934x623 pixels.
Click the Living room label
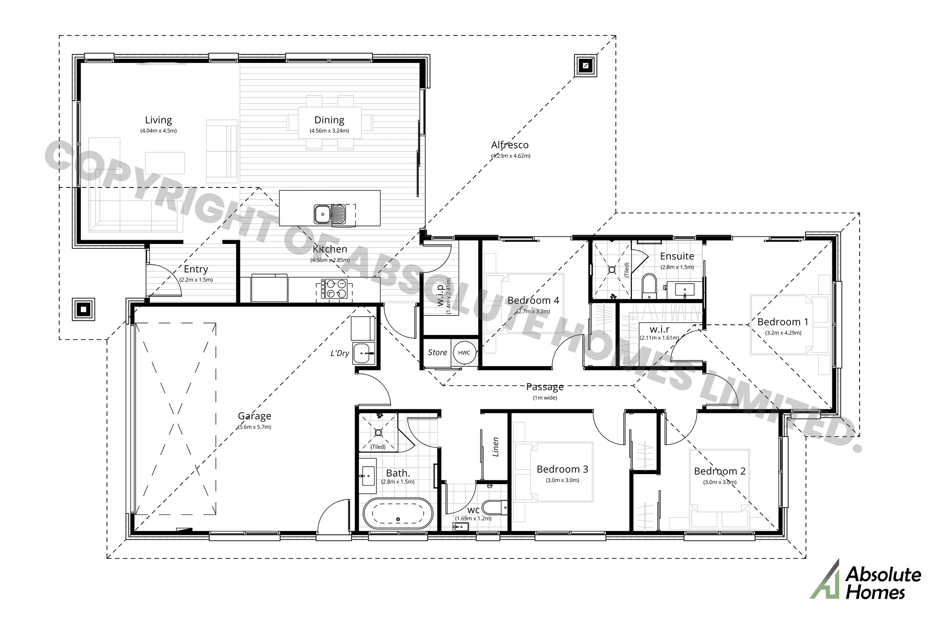(x=159, y=120)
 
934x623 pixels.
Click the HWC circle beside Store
(x=464, y=353)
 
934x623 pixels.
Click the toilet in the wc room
(x=495, y=508)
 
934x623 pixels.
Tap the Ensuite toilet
(x=649, y=286)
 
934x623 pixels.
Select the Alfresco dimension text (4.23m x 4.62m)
(x=511, y=156)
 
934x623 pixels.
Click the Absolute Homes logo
(x=865, y=583)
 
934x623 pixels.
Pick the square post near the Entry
(x=83, y=309)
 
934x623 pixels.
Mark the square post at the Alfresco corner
(x=586, y=65)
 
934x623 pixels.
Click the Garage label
(x=254, y=416)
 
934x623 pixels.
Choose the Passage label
(x=545, y=387)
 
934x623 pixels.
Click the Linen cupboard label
(x=496, y=446)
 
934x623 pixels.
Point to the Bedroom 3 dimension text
(x=562, y=480)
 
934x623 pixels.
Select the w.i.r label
(x=659, y=330)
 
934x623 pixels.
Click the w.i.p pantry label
(x=441, y=295)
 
